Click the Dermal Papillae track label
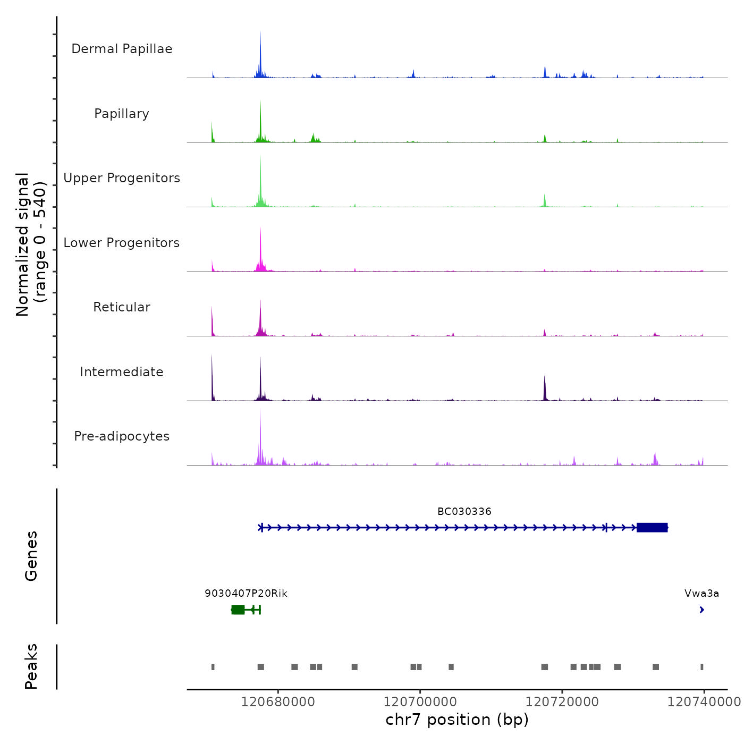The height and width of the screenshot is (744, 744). pos(122,49)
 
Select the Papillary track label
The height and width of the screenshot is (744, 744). pos(122,114)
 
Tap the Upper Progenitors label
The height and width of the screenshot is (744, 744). pos(122,178)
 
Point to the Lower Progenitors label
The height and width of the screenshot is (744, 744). pos(122,243)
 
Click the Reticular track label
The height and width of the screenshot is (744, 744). pos(122,307)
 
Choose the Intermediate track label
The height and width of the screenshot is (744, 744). pos(122,372)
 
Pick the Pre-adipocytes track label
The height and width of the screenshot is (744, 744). pos(122,436)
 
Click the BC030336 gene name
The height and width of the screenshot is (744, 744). pos(464,512)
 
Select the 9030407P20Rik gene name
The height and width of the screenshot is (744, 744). pos(246,594)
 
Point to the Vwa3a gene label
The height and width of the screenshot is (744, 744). pos(701,594)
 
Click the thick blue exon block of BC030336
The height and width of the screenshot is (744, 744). pos(652,528)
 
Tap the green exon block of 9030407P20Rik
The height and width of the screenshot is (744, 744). pos(238,610)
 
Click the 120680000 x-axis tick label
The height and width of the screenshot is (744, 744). pos(278,702)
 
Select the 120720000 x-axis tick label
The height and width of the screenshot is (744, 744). pos(562,702)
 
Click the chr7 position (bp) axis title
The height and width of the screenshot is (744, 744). pos(457,720)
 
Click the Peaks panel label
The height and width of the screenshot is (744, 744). pos(31,666)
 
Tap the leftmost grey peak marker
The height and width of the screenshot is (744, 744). pos(213,667)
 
